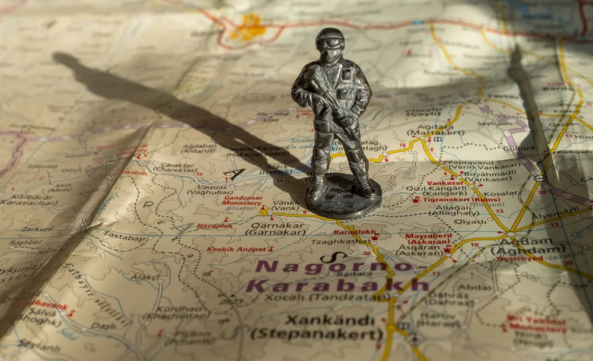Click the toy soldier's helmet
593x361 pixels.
coord(330,39)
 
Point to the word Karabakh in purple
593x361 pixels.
coord(336,286)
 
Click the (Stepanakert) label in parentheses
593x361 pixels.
coord(317,334)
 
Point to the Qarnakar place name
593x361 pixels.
coord(278,226)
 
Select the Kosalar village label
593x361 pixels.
coord(500,194)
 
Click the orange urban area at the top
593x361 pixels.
coord(249,27)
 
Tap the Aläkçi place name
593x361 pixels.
coord(145,277)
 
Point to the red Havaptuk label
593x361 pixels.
coord(215,226)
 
